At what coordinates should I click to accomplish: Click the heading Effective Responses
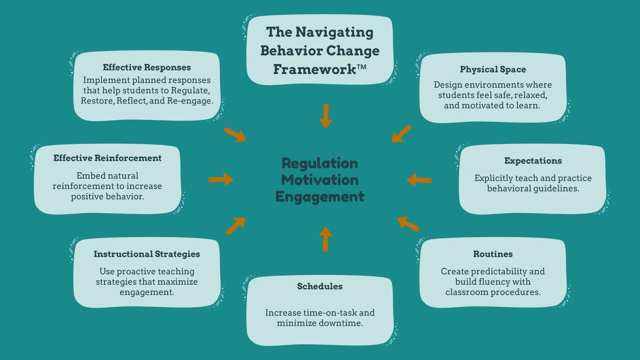(x=147, y=67)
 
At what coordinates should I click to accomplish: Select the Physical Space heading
(x=493, y=69)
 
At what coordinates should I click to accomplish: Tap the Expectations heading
(x=533, y=161)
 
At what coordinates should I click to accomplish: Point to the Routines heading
(x=493, y=254)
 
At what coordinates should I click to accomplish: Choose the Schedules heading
(x=320, y=286)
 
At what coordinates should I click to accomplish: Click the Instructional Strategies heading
(x=147, y=254)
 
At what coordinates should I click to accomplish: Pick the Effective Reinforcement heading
(x=107, y=158)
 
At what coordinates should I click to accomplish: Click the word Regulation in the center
(x=320, y=163)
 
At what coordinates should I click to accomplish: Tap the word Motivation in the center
(x=320, y=180)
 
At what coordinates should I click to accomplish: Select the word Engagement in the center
(x=320, y=197)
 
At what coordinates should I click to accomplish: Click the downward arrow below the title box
(x=326, y=116)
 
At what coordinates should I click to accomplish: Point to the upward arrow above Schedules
(x=326, y=239)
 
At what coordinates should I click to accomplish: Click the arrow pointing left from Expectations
(x=419, y=180)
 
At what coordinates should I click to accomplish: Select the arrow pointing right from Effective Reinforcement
(x=221, y=180)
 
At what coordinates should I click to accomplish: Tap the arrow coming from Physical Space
(x=401, y=134)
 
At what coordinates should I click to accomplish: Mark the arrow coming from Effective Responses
(x=235, y=135)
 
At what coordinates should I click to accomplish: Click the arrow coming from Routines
(x=408, y=223)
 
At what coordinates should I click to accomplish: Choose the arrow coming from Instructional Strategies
(x=235, y=226)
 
